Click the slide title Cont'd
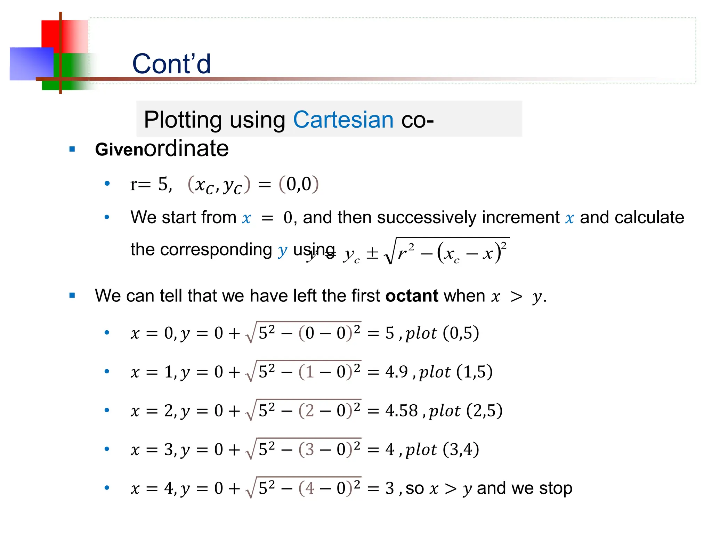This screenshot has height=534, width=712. point(171,64)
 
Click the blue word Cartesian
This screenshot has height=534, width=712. point(343,120)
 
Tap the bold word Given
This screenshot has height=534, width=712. point(119,150)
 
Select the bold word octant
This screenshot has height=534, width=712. point(412,296)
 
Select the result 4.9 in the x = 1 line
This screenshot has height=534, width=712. point(396,372)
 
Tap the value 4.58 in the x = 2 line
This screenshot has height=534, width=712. point(401,411)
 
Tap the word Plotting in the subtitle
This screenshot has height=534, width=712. point(183,120)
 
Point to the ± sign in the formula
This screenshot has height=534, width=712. point(372,253)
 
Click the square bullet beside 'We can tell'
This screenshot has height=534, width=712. point(72,296)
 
